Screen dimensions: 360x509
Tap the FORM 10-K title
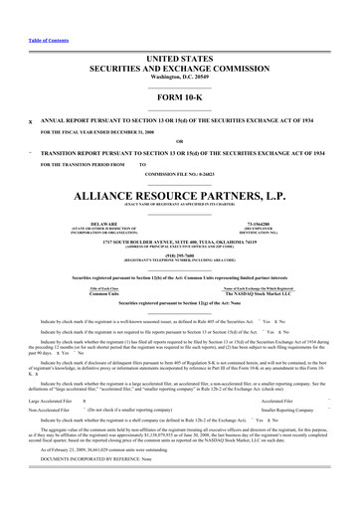point(179,98)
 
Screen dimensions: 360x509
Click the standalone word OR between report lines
point(179,140)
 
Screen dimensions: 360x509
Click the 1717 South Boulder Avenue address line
point(179,245)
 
